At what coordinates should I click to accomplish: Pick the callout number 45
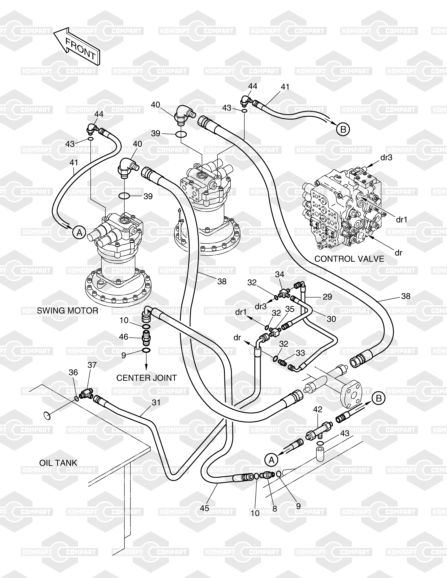(x=204, y=508)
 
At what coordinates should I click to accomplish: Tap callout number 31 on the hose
(x=156, y=403)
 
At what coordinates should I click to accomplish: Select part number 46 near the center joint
(x=123, y=337)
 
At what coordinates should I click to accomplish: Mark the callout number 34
(x=279, y=274)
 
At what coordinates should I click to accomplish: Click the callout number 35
(x=290, y=309)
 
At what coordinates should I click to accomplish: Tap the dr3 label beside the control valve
(x=386, y=158)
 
